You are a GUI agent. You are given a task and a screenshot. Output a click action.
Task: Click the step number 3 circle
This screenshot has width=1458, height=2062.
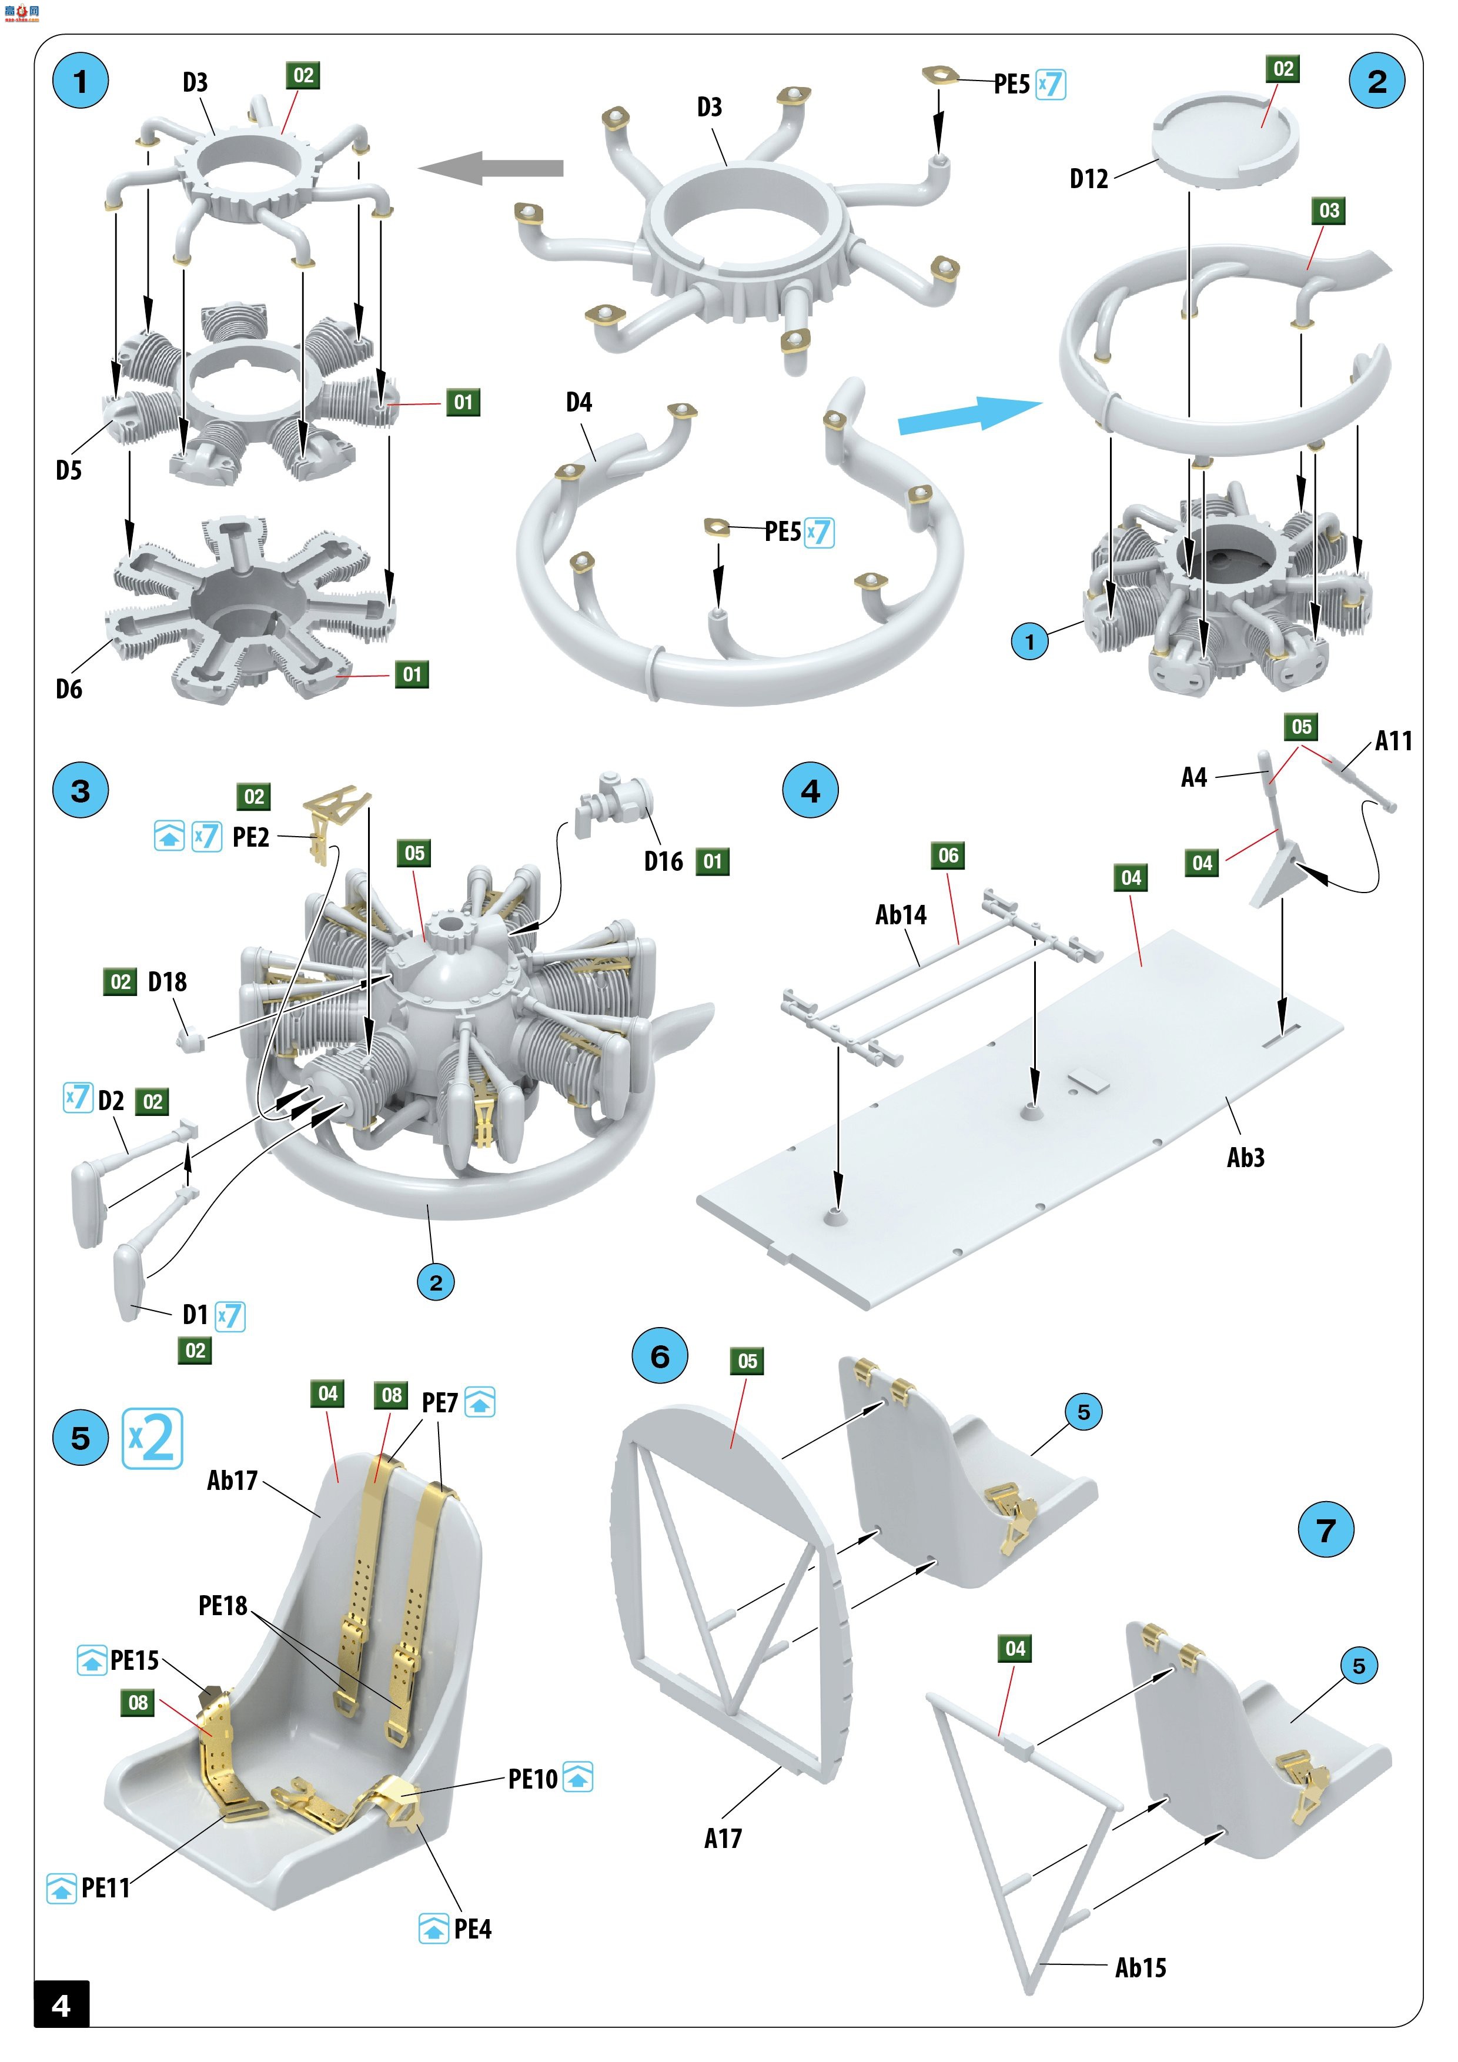81,791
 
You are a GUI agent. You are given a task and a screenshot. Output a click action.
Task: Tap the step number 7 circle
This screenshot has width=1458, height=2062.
1326,1530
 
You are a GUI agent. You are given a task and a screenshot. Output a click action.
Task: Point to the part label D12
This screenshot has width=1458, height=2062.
1088,179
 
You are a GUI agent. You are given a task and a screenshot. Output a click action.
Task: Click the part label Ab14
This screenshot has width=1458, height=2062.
901,915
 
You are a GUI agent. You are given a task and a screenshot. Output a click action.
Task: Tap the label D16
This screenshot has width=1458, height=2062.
664,861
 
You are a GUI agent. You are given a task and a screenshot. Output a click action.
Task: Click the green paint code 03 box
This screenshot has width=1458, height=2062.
1329,211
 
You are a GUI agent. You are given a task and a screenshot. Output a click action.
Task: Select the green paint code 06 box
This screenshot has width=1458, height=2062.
948,856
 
